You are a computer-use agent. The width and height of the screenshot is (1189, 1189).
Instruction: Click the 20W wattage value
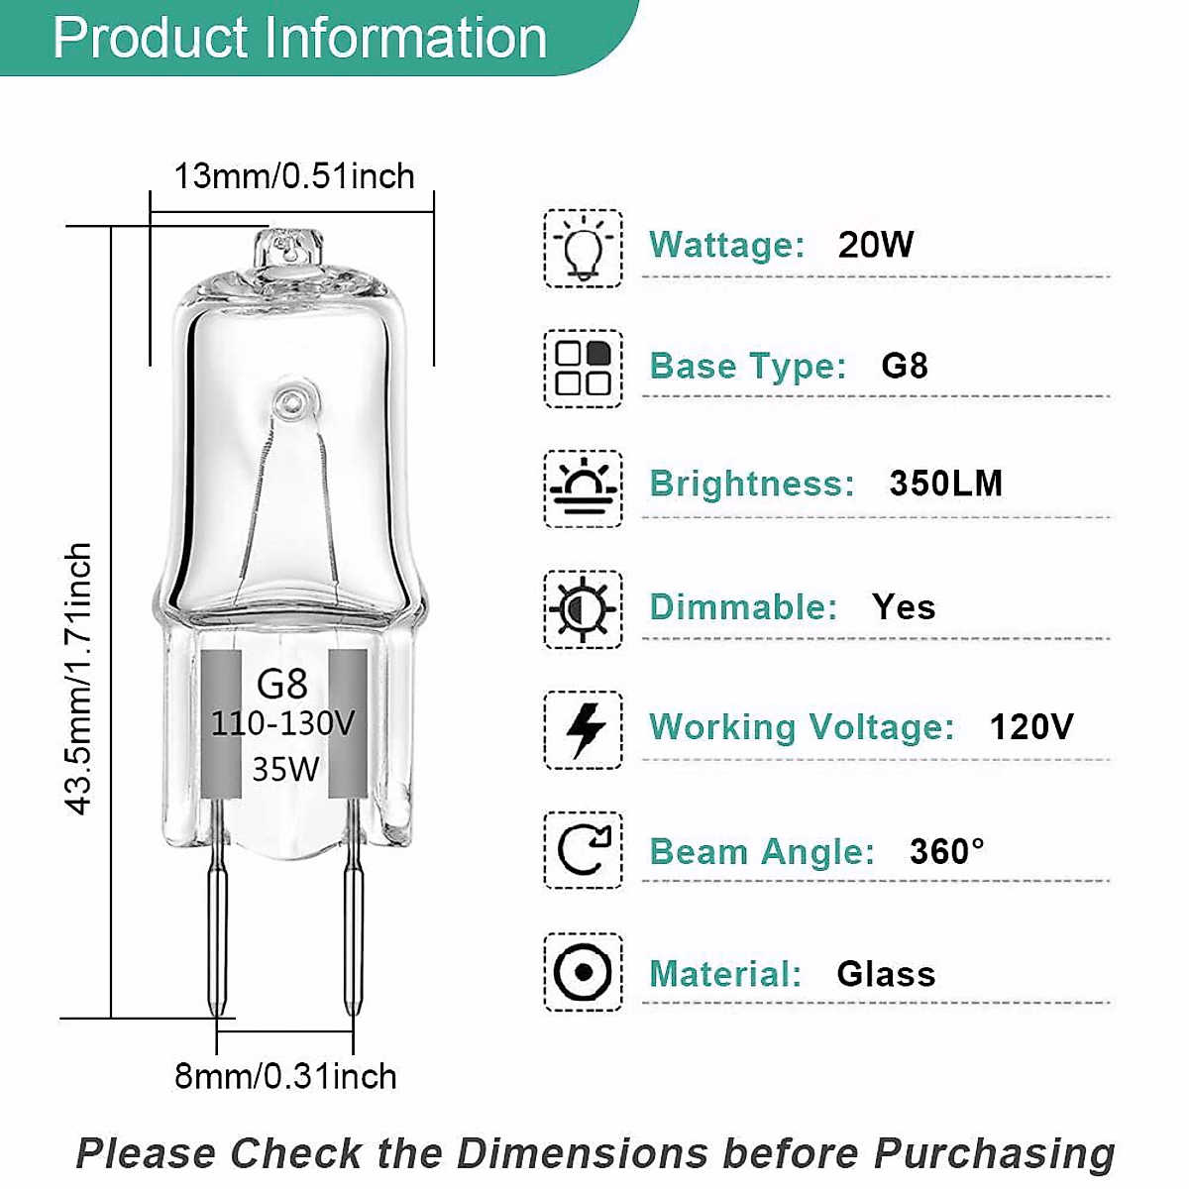(875, 245)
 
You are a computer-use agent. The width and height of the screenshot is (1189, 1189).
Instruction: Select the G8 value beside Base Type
(904, 366)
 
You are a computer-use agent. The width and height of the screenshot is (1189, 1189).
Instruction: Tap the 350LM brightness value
(945, 484)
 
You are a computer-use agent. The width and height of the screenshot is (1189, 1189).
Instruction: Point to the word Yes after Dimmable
(904, 606)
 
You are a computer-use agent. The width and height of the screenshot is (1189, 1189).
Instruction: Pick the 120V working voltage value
(1030, 727)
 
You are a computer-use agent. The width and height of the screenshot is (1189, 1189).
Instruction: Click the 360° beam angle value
(946, 851)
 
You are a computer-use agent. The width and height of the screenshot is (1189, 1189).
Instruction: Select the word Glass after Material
(886, 974)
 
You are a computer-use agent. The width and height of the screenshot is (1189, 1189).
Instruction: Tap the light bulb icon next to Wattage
(583, 249)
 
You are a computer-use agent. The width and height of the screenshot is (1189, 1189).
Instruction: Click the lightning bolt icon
(583, 730)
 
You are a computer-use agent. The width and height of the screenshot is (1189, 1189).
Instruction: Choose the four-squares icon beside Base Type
(583, 369)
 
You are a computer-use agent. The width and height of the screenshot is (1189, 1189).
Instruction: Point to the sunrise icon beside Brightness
(583, 488)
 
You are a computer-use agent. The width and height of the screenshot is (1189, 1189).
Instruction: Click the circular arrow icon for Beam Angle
(583, 850)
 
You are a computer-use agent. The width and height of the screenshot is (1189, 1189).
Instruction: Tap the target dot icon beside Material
(583, 972)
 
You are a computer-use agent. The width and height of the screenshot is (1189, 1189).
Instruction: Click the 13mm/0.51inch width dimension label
(294, 176)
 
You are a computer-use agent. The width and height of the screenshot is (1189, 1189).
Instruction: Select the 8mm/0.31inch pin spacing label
(285, 1076)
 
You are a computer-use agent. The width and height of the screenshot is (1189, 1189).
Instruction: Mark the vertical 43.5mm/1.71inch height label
(78, 679)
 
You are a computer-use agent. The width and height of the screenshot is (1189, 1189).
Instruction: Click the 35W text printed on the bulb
(284, 768)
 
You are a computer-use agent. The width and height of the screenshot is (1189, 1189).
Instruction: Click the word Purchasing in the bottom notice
(994, 1154)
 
